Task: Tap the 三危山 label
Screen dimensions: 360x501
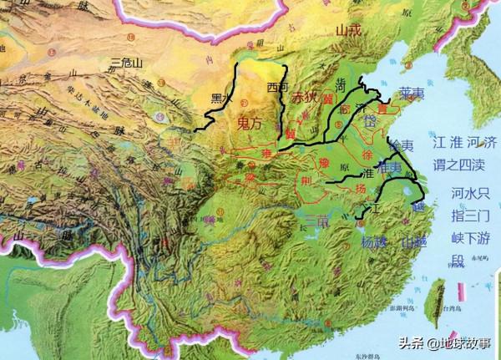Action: [x=127, y=63]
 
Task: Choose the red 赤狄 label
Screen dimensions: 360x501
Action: [x=304, y=98]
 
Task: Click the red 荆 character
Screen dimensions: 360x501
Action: [x=309, y=179]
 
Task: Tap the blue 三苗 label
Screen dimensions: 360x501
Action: [x=313, y=221]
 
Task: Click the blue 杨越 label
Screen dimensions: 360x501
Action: [x=373, y=243]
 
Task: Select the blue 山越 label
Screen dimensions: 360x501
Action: [x=414, y=243]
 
